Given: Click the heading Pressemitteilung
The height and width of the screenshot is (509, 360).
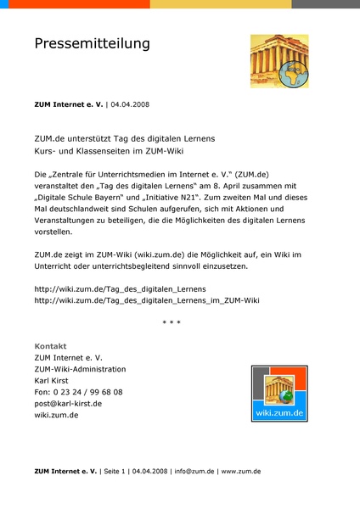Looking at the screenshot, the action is [92, 43].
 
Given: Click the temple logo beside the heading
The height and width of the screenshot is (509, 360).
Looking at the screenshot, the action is [279, 61].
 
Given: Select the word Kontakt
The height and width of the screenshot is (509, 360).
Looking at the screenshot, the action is [50, 346].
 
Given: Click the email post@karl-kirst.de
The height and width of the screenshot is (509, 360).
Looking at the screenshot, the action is [68, 404].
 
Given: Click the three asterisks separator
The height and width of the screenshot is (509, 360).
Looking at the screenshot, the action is [171, 322].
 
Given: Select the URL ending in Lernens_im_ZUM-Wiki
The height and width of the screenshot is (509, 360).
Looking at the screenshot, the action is [147, 300].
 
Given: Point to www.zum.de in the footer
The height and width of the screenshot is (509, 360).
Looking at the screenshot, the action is [240, 471].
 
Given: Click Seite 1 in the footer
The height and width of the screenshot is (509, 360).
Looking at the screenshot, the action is [115, 471].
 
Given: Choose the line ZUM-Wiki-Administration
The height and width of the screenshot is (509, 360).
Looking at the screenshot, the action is [80, 369].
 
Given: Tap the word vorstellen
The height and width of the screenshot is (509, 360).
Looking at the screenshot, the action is [55, 231].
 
